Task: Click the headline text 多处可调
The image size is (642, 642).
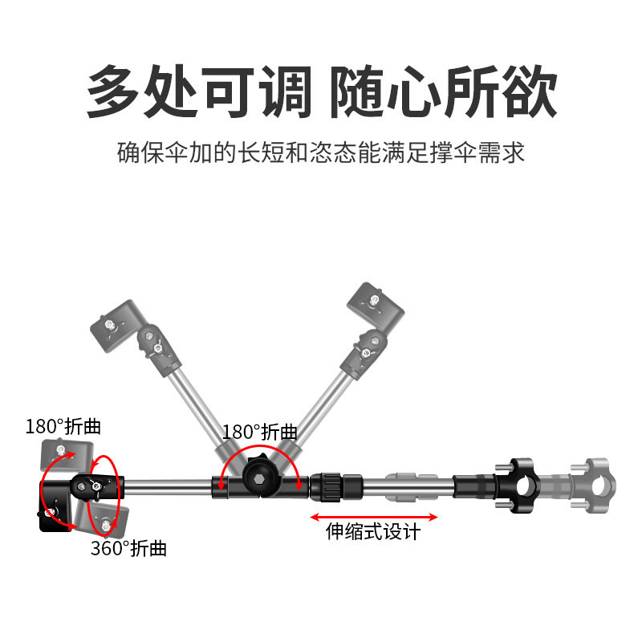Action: [199, 91]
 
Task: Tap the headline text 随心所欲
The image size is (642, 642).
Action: [444, 91]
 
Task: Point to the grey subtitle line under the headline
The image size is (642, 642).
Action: [320, 152]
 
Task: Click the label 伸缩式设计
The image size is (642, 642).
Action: [373, 531]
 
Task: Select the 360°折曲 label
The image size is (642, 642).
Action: [128, 548]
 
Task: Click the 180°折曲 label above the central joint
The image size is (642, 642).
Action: [259, 432]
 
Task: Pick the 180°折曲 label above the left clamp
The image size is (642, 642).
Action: [63, 426]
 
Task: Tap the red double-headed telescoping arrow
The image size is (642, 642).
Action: [373, 517]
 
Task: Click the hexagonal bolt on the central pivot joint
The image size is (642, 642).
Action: [259, 479]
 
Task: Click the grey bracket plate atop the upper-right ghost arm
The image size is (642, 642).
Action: [376, 306]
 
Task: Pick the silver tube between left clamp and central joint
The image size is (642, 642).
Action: [168, 486]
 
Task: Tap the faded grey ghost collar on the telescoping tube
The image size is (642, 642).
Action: [412, 486]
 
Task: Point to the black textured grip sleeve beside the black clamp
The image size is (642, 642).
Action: [474, 486]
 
